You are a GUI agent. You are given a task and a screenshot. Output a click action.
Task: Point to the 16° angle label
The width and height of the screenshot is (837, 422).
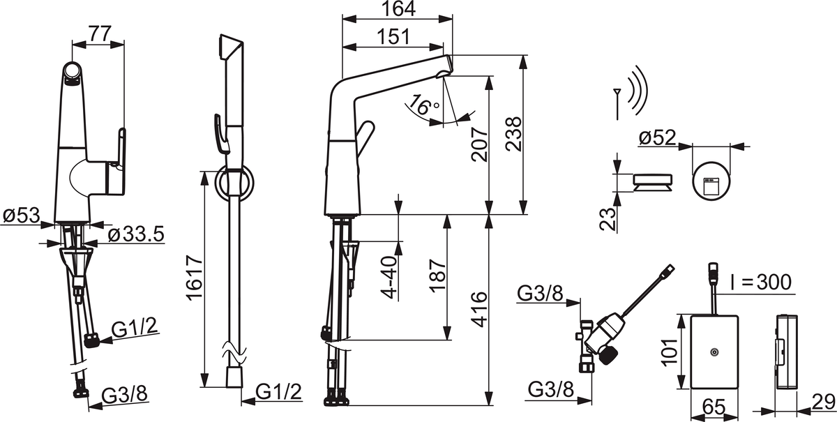click(424, 106)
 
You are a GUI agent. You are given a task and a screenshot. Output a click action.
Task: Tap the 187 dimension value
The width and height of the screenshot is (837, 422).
click(436, 278)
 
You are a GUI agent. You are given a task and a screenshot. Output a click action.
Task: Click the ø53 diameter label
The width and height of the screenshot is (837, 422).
click(20, 216)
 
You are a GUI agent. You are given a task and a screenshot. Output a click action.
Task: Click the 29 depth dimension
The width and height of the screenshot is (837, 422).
click(823, 403)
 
